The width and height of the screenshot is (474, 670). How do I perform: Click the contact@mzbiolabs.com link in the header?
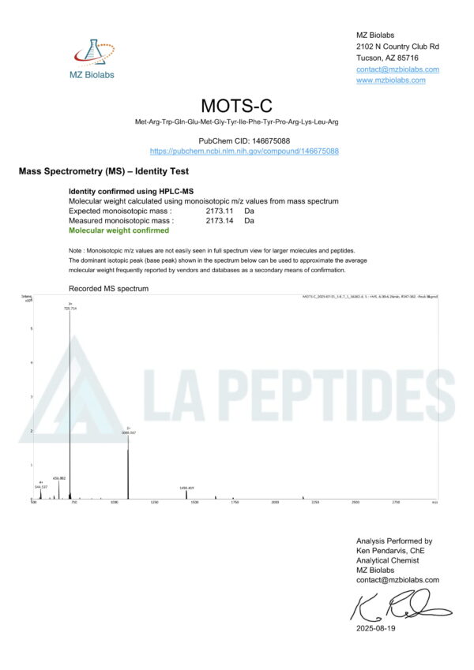(x=397, y=69)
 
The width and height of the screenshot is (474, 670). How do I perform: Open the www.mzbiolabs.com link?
(x=390, y=80)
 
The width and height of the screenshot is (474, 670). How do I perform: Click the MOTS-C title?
(x=236, y=105)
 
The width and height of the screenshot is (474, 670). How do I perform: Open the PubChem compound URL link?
(x=244, y=151)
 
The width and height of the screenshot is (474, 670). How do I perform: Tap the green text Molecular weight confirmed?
(x=118, y=231)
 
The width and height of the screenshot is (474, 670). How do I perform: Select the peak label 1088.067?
(x=129, y=433)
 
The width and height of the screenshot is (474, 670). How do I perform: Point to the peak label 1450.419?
(x=186, y=488)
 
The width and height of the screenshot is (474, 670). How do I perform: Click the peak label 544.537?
(x=41, y=487)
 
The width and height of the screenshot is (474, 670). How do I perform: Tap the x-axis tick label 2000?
(x=275, y=502)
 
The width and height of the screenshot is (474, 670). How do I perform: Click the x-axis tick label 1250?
(x=154, y=502)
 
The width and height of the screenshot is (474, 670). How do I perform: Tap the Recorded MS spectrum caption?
(x=108, y=289)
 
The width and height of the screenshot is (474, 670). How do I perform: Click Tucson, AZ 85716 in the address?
(x=387, y=58)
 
